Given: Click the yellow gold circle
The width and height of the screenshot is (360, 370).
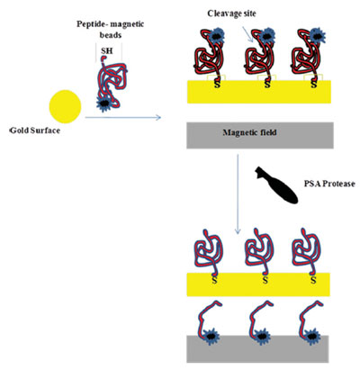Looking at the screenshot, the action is [x=65, y=106].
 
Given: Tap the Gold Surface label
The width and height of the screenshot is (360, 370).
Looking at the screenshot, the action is [x=35, y=131].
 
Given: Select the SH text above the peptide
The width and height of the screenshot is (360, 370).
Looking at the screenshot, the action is [x=107, y=50].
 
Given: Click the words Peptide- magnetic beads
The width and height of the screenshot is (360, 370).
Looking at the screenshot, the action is [x=110, y=29].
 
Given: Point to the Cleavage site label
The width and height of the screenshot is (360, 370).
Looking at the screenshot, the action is [x=232, y=14].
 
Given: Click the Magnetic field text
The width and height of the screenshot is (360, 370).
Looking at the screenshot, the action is [x=249, y=132].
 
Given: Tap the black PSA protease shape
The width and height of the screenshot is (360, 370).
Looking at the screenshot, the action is [x=276, y=185].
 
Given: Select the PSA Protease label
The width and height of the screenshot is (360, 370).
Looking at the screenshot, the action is [x=329, y=184].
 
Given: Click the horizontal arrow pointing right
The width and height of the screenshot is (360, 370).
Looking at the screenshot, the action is [x=123, y=117].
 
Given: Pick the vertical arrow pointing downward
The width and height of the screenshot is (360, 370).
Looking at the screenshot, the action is [x=238, y=194].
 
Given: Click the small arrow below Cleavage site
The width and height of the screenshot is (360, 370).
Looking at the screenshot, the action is [x=247, y=33].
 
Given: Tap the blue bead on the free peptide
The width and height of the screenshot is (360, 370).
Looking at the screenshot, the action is [x=104, y=104].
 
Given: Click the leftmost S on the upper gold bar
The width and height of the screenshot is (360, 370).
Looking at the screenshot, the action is [x=217, y=84].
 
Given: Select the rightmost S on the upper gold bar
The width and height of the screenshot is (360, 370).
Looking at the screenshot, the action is [x=314, y=84].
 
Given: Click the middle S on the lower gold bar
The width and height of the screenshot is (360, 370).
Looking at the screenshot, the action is [x=265, y=280].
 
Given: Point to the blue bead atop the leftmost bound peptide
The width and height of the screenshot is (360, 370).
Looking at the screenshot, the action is [x=215, y=36].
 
